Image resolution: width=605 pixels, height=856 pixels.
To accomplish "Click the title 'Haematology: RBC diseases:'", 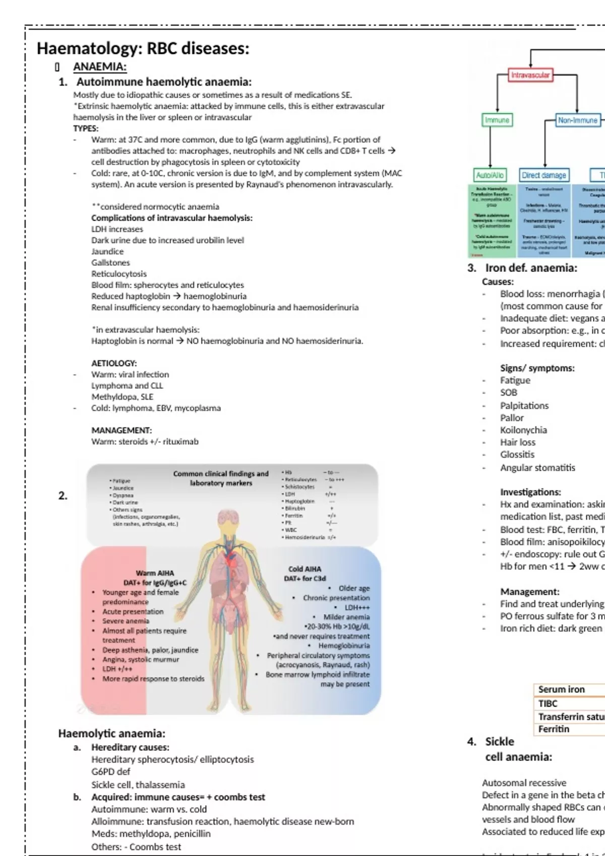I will (143, 48).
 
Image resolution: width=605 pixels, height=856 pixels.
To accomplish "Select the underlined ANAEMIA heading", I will (100, 66).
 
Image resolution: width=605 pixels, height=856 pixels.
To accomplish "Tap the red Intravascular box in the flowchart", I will (530, 75).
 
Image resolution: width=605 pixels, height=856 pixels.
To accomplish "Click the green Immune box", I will (497, 120).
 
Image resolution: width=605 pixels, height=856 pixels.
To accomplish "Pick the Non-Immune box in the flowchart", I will (578, 120).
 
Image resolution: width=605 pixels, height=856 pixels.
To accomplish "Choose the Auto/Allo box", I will (490, 175).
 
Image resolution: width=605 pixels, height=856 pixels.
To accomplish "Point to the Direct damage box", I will (544, 175).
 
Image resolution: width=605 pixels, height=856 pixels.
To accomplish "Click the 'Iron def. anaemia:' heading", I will (531, 268).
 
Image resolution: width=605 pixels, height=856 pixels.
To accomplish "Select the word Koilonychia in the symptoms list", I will (523, 430).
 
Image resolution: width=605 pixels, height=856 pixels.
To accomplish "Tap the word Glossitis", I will (517, 454).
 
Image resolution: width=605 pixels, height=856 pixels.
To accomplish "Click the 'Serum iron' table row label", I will (561, 689).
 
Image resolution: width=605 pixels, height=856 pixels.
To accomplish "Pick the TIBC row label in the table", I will (548, 703).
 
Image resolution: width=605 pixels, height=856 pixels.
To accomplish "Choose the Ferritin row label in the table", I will (554, 729).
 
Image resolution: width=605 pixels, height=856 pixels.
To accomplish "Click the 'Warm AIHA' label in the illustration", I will (155, 573).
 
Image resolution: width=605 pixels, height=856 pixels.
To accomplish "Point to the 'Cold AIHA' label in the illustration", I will (305, 569).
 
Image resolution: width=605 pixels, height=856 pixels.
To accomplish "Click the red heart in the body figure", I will (230, 558).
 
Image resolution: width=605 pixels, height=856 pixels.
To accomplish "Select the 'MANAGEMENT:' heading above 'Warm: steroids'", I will (122, 430).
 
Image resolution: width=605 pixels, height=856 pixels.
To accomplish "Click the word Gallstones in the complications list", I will (110, 262).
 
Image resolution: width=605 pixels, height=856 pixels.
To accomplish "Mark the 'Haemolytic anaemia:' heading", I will (111, 733).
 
